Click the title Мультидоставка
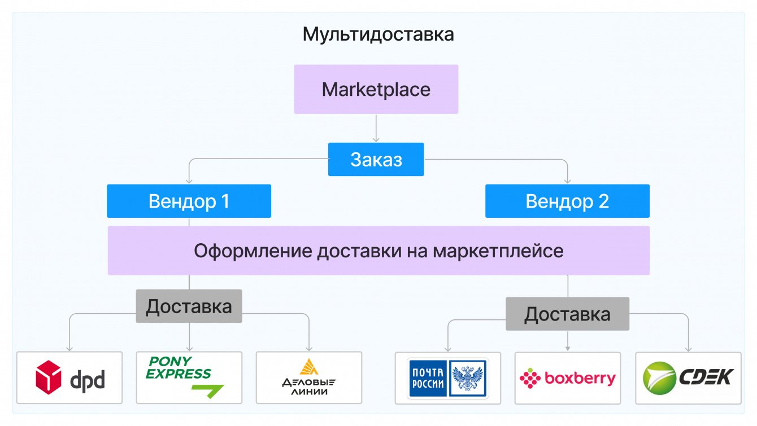[x=378, y=34]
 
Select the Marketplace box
[x=376, y=89]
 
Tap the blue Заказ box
[x=376, y=160]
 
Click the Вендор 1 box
[x=189, y=201]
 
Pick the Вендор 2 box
[x=567, y=201]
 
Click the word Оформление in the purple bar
[x=252, y=251]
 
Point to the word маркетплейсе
[x=498, y=251]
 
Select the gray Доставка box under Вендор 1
[x=189, y=306]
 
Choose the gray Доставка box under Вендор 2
[x=567, y=314]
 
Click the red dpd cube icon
[x=49, y=377]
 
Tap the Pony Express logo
[x=181, y=372]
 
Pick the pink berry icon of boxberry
[x=530, y=379]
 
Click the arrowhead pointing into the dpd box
[x=69, y=348]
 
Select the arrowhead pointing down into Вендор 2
[x=568, y=181]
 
